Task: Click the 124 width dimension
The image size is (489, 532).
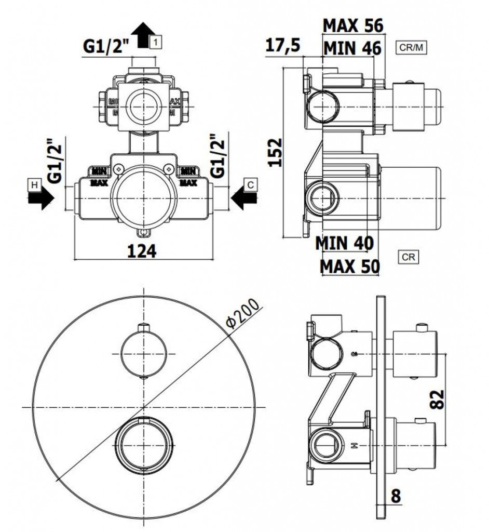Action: [141, 251]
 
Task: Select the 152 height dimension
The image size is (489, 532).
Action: [277, 152]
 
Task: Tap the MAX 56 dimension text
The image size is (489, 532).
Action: [352, 25]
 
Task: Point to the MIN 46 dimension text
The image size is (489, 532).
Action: [352, 48]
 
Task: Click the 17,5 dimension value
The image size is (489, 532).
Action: [283, 46]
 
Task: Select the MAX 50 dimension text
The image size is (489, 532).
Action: [349, 266]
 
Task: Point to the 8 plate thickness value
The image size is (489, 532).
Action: [396, 496]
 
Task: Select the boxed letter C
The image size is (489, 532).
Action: [250, 184]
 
